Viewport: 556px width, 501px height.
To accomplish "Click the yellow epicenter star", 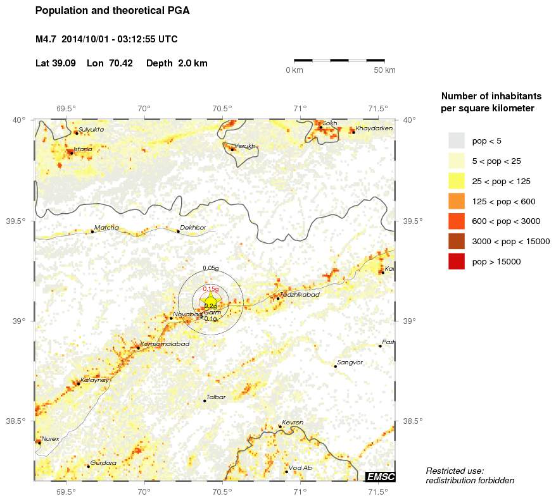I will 210,300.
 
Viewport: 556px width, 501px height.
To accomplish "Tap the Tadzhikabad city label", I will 301,295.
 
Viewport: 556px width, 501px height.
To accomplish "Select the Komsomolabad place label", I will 165,343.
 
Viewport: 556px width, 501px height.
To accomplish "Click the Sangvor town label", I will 350,362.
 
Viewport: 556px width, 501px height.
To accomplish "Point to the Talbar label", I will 216,397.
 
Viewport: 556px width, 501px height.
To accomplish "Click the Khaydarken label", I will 374,128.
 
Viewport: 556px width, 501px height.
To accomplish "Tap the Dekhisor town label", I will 193,227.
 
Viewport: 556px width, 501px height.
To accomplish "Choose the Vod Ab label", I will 300,468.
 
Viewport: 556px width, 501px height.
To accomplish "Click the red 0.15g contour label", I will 210,288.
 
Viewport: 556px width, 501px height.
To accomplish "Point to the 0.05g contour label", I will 210,269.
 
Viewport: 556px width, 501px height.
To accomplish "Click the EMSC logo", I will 381,476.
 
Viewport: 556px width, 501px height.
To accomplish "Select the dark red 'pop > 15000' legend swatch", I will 456,261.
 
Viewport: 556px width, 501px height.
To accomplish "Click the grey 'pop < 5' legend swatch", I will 456,140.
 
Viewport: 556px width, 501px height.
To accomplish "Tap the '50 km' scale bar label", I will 385,70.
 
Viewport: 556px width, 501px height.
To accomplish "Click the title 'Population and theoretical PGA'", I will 112,11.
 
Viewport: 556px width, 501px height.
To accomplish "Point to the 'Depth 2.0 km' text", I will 177,63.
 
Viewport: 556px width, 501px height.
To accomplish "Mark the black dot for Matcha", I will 92,232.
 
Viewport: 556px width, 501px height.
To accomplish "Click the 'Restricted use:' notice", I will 455,471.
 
